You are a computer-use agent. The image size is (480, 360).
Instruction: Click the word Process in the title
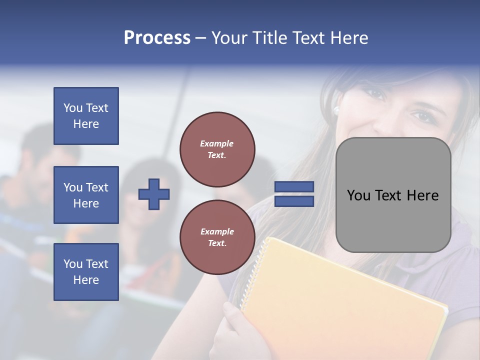pos(157,38)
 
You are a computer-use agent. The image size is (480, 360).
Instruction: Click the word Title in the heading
pos(269,38)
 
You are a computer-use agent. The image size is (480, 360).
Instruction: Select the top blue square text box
pos(86,116)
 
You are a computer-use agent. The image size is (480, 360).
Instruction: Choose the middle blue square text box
pos(86,195)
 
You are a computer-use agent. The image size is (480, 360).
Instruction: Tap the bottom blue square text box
pos(86,271)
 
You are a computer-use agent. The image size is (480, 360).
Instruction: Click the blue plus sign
pos(154,194)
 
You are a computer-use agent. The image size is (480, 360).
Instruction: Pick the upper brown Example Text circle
pos(217,149)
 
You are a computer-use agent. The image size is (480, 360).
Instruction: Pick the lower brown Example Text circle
pos(217,237)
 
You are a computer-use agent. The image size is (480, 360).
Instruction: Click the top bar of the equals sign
pos(294,186)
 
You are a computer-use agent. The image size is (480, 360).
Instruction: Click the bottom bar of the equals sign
pos(294,201)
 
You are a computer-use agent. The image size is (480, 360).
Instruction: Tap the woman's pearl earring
pos(336,109)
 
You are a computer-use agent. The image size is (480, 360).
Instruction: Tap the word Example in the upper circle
pos(216,143)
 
